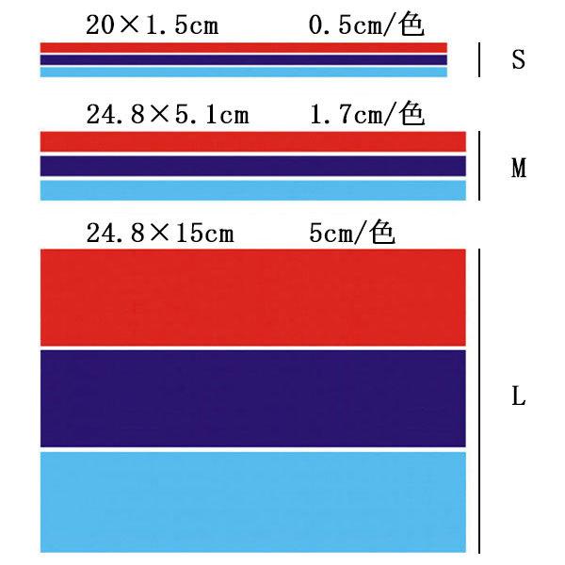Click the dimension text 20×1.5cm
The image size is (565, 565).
tap(152, 25)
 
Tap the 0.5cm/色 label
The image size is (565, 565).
tap(366, 25)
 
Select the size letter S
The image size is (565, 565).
tap(518, 60)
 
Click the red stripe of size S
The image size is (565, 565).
tap(243, 47)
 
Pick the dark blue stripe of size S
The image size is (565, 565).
tap(243, 59)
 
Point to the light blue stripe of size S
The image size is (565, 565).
tap(243, 72)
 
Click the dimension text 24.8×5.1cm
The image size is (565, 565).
tap(167, 116)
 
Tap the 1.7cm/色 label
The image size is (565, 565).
tap(367, 116)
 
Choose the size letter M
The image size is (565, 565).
tap(518, 169)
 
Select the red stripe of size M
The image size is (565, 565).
tap(253, 141)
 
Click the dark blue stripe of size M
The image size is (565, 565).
tap(253, 166)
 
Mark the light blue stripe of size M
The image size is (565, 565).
tap(253, 190)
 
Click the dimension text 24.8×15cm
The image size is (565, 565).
tap(159, 233)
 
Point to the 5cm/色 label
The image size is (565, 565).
tap(351, 233)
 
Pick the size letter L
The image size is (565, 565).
tap(518, 396)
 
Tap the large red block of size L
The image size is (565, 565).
tap(253, 297)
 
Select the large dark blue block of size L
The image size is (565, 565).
tap(253, 398)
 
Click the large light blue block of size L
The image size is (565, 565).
tap(253, 501)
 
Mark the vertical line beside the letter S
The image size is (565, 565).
tap(480, 59)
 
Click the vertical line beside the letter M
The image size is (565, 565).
tap(480, 166)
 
